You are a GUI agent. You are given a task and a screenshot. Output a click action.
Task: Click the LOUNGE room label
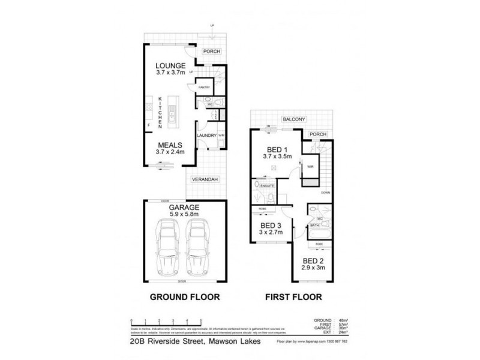[169, 65]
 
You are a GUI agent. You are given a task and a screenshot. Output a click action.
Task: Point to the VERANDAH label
[205, 179]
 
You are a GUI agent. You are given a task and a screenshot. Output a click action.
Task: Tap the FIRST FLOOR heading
[294, 296]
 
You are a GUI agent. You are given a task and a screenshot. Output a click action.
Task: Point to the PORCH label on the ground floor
[211, 52]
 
